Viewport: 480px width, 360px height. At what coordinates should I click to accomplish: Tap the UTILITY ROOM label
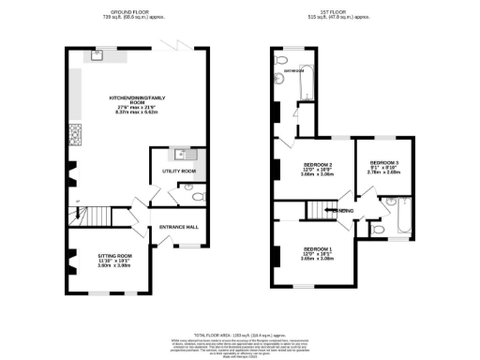click(179, 172)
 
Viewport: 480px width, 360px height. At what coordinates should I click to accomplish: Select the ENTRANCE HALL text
click(179, 228)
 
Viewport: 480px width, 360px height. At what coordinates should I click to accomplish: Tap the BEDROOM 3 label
click(384, 162)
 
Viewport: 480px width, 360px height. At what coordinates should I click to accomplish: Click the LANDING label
click(343, 212)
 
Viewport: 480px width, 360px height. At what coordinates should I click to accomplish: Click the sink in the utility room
click(184, 154)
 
